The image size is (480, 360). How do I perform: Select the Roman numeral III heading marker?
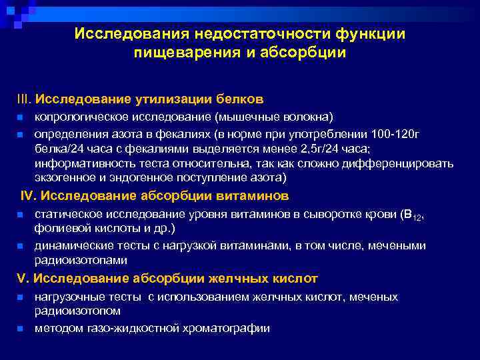24,99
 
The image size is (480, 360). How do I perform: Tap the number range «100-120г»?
397,133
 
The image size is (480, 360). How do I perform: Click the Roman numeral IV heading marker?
29,196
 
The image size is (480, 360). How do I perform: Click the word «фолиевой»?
59,229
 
